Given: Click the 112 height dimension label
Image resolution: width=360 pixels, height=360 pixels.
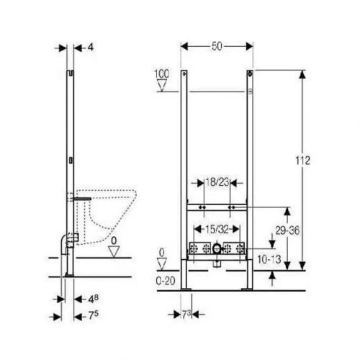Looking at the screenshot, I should [x=303, y=161].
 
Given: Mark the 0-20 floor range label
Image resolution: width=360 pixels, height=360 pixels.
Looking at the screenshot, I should [x=168, y=279].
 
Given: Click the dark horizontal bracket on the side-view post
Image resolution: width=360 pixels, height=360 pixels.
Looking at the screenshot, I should [x=83, y=195].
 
